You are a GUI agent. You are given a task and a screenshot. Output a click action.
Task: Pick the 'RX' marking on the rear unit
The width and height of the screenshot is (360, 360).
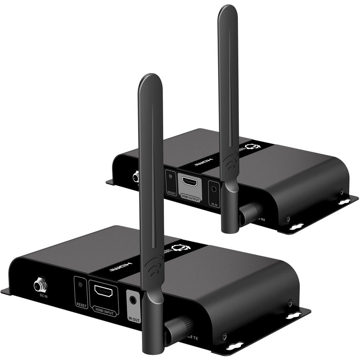click(x=263, y=218)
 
